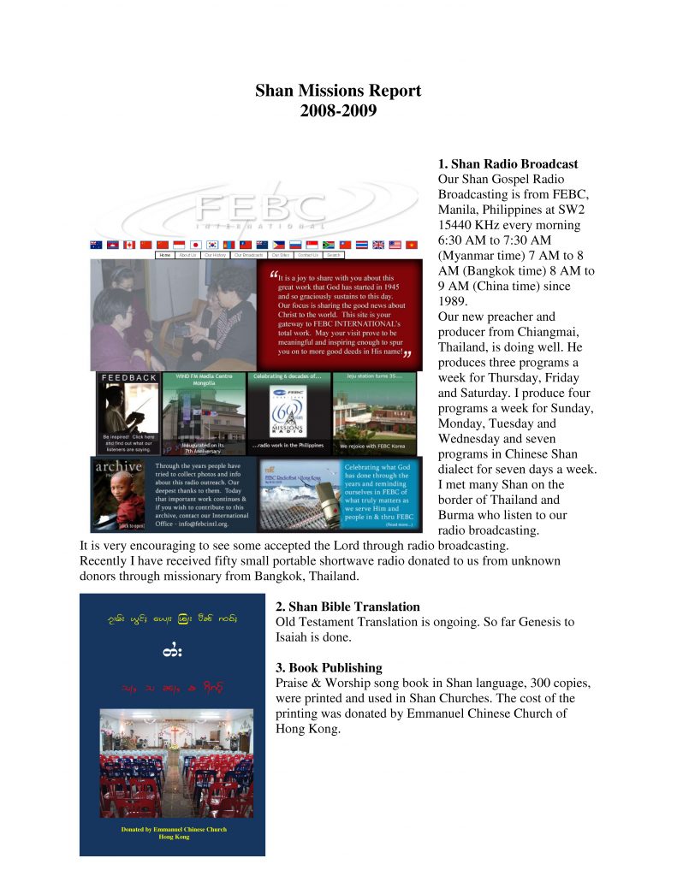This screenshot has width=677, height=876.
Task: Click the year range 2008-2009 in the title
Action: [338, 110]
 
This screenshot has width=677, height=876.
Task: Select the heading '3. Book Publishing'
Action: [329, 667]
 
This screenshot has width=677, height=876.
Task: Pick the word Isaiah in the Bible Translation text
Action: [296, 637]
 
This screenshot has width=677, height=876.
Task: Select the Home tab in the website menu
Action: [166, 255]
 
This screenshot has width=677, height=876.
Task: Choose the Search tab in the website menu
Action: [334, 255]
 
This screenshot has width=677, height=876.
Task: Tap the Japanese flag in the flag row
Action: [195, 245]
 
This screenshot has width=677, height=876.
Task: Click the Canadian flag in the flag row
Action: [129, 245]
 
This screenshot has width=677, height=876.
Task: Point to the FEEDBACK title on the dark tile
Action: [129, 377]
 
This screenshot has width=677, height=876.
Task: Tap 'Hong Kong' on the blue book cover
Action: [173, 837]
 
